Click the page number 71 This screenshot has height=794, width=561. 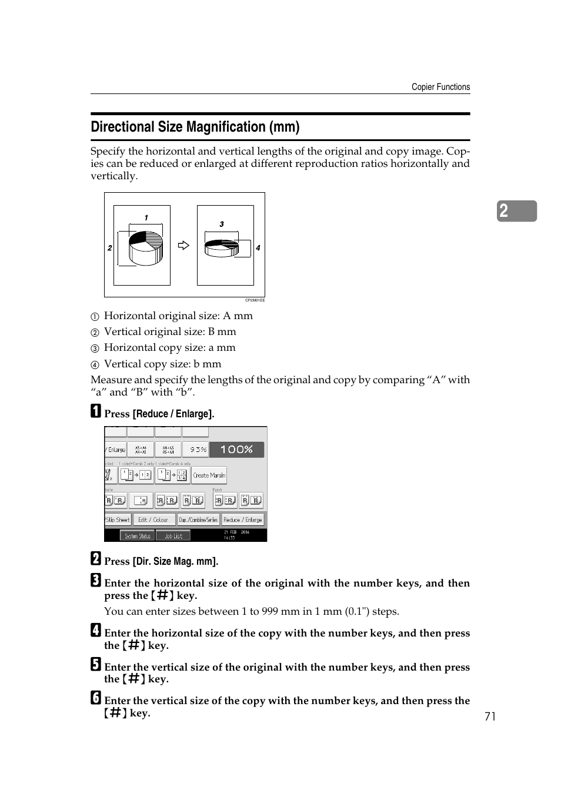tap(490, 716)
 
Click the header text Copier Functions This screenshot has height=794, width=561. tap(440, 87)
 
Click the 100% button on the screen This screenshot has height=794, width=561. tap(236, 450)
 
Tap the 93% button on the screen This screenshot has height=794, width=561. tap(196, 450)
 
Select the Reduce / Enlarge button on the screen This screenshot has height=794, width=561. tap(243, 520)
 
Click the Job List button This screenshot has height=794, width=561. tap(173, 536)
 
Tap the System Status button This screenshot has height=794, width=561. tap(138, 536)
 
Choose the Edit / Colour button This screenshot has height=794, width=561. tap(153, 520)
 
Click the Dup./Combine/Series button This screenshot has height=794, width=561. tap(198, 520)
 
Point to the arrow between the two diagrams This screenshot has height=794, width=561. tap(183, 246)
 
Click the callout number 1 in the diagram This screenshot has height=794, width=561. tap(146, 218)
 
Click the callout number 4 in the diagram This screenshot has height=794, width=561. tap(258, 248)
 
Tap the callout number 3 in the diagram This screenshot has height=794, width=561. tap(222, 224)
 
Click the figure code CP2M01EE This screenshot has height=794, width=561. tap(255, 300)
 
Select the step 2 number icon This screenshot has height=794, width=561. tap(96, 558)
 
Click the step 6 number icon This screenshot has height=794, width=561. tap(96, 698)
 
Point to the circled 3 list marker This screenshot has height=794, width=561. tap(95, 349)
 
